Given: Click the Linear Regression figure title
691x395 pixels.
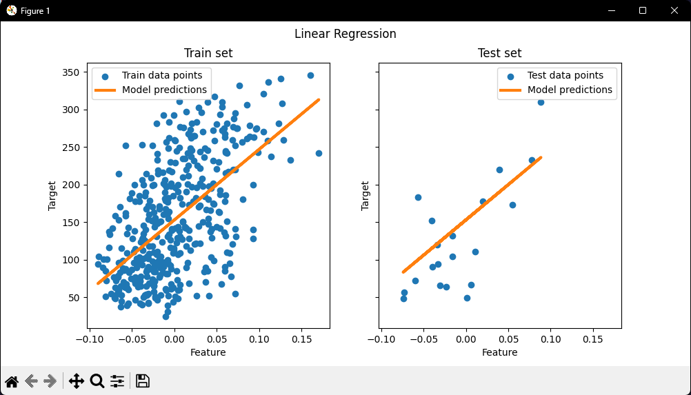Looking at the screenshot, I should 345,34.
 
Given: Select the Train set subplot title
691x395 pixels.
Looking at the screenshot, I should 208,53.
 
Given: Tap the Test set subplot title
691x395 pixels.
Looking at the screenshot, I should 499,53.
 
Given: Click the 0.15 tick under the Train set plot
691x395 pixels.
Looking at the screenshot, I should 301,340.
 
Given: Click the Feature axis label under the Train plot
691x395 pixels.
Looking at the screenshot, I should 208,352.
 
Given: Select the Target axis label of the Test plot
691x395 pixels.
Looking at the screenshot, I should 365,196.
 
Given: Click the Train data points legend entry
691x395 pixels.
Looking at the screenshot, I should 162,75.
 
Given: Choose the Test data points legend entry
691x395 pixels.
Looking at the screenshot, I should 565,75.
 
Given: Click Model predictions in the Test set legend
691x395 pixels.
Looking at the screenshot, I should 569,90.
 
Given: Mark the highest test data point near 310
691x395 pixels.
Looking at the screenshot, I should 541,102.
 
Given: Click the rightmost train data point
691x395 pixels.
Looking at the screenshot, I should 319,153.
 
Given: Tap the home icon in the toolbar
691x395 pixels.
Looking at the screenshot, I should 12,381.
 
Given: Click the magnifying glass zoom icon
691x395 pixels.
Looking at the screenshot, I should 97,381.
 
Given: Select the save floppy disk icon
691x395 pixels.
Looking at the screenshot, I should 143,381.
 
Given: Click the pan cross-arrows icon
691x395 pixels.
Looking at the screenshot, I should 77,381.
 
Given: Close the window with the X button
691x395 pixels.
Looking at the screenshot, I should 674,10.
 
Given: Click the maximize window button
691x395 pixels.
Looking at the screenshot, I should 643,10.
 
